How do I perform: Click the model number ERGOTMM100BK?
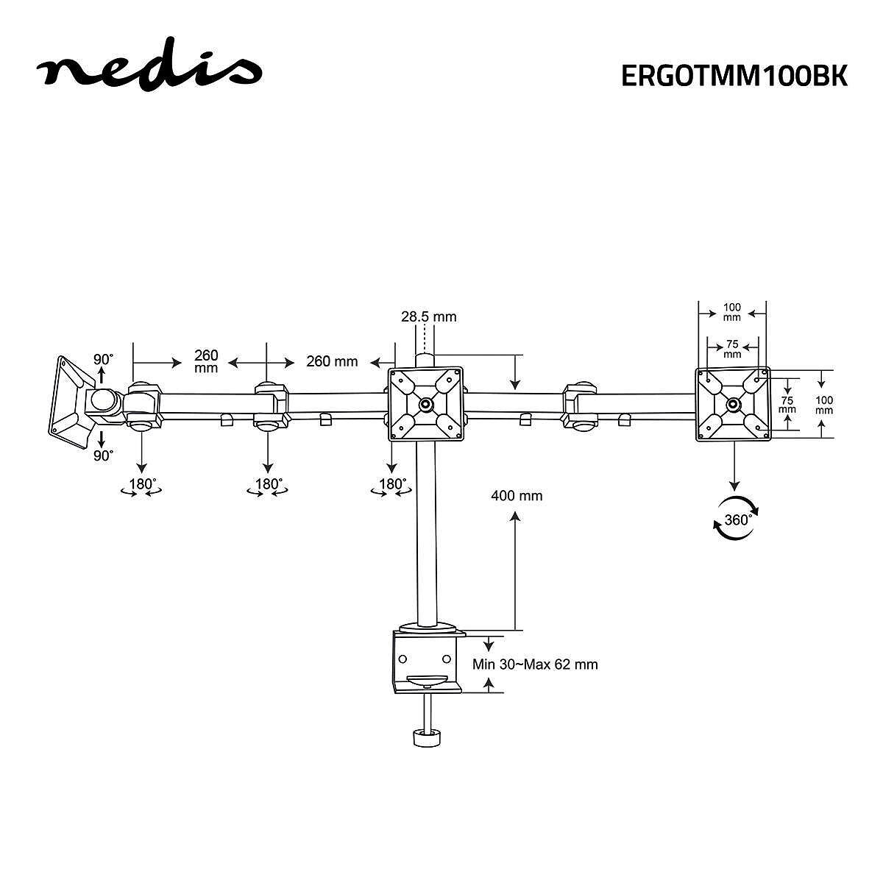pos(734,76)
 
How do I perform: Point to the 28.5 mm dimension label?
pos(428,317)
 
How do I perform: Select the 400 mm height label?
pos(517,496)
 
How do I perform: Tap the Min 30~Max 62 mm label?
pos(535,664)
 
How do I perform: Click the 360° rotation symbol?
pos(737,519)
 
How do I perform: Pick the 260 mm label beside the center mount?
pos(332,361)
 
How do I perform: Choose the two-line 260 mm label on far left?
pos(206,361)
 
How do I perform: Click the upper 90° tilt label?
pos(103,360)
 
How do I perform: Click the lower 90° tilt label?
pos(103,455)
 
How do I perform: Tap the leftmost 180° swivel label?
pos(143,485)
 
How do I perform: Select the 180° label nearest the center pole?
pos(392,485)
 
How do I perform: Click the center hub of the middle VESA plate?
pos(426,404)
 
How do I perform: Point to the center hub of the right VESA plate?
pos(733,404)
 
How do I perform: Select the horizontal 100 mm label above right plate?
pos(732,312)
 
